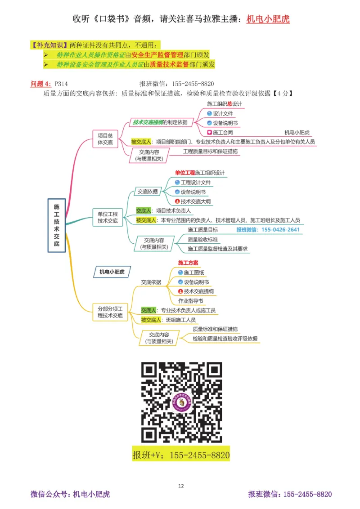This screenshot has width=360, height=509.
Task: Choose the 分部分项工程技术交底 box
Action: (110, 312)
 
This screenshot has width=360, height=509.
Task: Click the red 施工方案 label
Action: (188, 263)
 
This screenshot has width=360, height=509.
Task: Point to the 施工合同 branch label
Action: (222, 133)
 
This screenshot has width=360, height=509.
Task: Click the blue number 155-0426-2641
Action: (268, 229)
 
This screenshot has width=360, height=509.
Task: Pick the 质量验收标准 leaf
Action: (202, 239)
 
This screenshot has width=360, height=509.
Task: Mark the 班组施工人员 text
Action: (180, 320)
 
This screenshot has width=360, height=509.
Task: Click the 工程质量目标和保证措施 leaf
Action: (211, 152)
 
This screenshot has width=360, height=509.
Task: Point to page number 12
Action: (181, 486)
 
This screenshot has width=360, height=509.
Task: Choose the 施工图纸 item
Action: (193, 272)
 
